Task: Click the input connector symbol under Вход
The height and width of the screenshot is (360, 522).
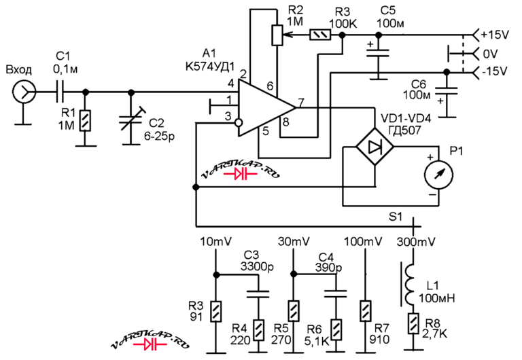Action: (24, 91)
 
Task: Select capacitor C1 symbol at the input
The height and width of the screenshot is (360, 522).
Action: (60, 92)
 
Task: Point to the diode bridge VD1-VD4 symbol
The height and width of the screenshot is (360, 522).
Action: (375, 146)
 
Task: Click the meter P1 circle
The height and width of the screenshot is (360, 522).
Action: (438, 175)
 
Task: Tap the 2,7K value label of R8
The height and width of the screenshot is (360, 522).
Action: (434, 333)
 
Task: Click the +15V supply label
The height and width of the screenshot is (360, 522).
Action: (495, 35)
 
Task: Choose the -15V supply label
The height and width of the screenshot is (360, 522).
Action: (495, 71)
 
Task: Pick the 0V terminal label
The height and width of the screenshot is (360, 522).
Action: (490, 54)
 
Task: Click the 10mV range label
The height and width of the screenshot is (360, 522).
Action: (215, 241)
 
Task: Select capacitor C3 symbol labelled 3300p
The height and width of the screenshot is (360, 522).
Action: (258, 294)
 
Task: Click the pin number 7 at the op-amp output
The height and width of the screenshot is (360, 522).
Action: (301, 103)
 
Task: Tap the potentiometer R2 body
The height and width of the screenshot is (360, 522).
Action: (277, 35)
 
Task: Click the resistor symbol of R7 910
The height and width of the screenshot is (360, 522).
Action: (366, 311)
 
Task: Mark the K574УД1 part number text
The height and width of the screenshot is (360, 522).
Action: (210, 66)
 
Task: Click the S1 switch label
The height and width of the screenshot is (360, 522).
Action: (396, 217)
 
